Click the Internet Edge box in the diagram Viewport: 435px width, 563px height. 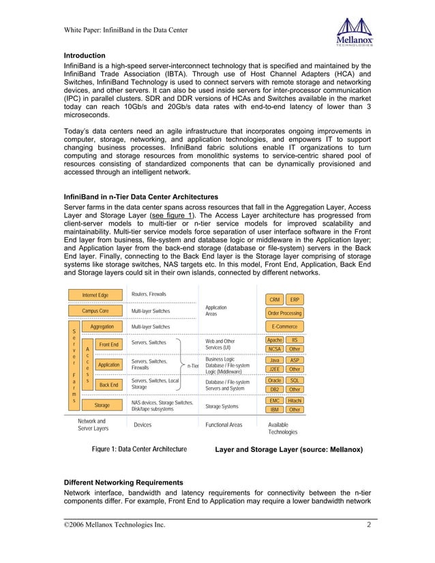click(x=95, y=295)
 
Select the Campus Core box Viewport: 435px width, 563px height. click(x=95, y=311)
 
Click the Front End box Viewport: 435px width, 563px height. click(x=109, y=345)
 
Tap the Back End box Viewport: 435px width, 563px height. click(x=109, y=385)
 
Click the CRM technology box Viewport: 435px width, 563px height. click(x=274, y=300)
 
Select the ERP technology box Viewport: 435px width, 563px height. click(x=295, y=300)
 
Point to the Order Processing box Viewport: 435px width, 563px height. click(x=284, y=314)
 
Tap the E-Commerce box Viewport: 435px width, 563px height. click(x=284, y=327)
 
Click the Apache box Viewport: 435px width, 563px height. click(x=274, y=340)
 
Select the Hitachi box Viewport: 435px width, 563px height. click(x=295, y=401)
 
